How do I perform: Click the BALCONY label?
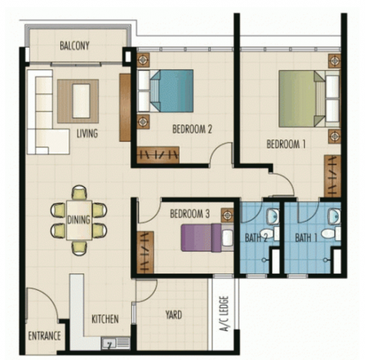pyautogui.click(x=74, y=45)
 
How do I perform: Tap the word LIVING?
pyautogui.click(x=87, y=133)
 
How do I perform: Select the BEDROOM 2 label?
pyautogui.click(x=192, y=129)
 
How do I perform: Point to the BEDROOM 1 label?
pyautogui.click(x=286, y=144)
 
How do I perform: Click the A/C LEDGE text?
pyautogui.click(x=224, y=314)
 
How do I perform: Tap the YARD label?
pyautogui.click(x=174, y=315)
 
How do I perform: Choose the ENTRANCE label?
pyautogui.click(x=45, y=336)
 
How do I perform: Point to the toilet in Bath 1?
pyautogui.click(x=331, y=233)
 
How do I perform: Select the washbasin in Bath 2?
pyautogui.click(x=273, y=216)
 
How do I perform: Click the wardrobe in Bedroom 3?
pyautogui.click(x=145, y=252)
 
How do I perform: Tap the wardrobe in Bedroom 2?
pyautogui.click(x=158, y=155)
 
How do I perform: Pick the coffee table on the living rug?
pyautogui.click(x=81, y=101)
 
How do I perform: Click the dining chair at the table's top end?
pyautogui.click(x=80, y=192)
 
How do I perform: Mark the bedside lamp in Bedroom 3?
pyautogui.click(x=227, y=215)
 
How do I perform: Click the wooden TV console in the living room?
pyautogui.click(x=125, y=107)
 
